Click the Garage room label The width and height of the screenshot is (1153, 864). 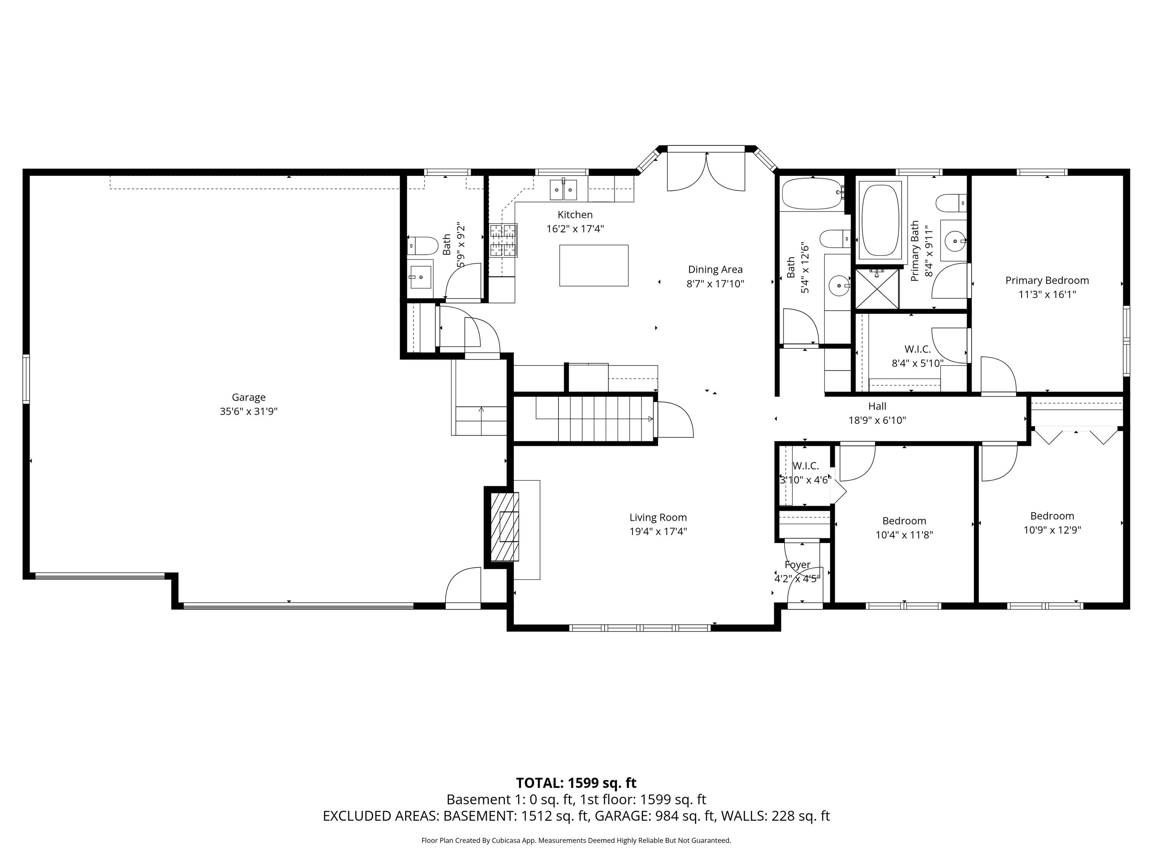pyautogui.click(x=249, y=397)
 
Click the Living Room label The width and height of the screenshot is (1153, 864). pyautogui.click(x=658, y=517)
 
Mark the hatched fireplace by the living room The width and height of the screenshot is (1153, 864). pyautogui.click(x=505, y=527)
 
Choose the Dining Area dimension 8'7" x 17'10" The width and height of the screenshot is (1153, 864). pyautogui.click(x=715, y=284)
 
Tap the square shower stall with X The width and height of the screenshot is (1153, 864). pyautogui.click(x=878, y=288)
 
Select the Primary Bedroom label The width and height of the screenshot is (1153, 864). pyautogui.click(x=1047, y=280)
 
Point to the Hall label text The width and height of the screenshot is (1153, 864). pyautogui.click(x=877, y=406)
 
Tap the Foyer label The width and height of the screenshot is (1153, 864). pyautogui.click(x=797, y=564)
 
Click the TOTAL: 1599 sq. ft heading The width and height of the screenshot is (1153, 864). pyautogui.click(x=576, y=783)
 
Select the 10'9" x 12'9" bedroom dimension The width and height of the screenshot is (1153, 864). pyautogui.click(x=1052, y=530)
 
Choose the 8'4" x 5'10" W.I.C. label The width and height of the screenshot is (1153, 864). pyautogui.click(x=917, y=363)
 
